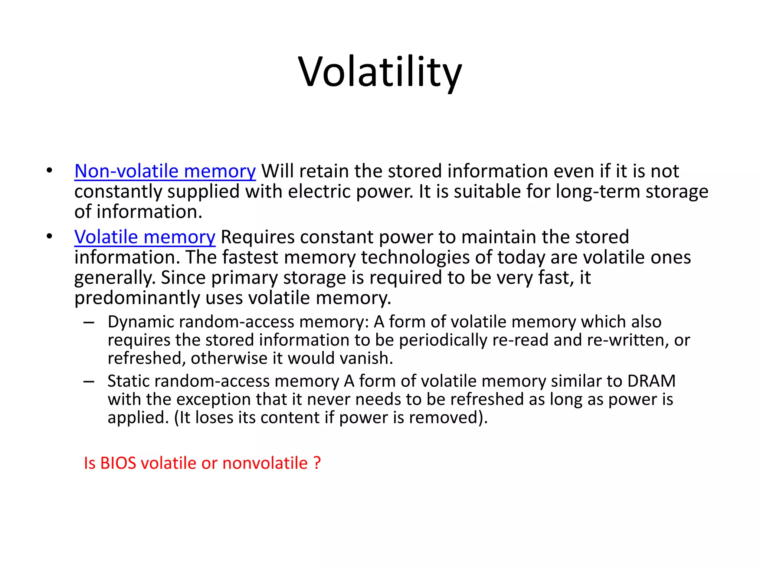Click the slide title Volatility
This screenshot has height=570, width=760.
coord(380,72)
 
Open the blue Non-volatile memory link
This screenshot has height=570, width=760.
coord(165,171)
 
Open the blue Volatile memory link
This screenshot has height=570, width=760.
coord(145,237)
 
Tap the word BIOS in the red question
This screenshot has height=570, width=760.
coord(118,463)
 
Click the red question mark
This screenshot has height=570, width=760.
coord(317,463)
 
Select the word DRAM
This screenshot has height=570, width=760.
coord(651,381)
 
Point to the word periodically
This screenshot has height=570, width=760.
coord(443,340)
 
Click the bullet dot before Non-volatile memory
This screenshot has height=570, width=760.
coord(49,171)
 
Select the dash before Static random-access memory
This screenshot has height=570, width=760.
coord(89,381)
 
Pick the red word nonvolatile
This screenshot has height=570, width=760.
coord(265,463)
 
